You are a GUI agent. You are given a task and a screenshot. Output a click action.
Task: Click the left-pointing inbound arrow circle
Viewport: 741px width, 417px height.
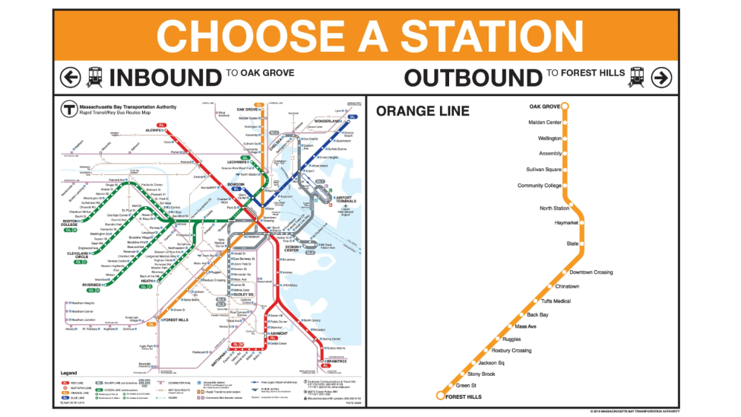click(x=71, y=77)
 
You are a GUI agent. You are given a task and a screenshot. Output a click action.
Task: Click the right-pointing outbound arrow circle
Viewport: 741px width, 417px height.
click(x=661, y=77)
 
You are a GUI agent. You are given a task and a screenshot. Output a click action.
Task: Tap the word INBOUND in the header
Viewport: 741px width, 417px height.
click(x=165, y=77)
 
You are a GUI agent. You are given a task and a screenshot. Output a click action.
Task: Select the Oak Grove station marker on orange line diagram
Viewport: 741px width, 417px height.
click(x=565, y=107)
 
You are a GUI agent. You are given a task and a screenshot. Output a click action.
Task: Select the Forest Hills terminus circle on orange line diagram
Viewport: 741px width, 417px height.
click(x=440, y=396)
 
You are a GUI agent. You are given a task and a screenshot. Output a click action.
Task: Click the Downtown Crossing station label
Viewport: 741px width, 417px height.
click(x=591, y=272)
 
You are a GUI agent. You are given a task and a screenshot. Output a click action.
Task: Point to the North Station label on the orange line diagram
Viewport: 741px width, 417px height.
click(x=554, y=208)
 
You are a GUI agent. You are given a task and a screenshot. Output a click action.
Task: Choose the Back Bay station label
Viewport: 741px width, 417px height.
click(x=537, y=314)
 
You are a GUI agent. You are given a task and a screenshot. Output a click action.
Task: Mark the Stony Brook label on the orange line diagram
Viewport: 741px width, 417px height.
click(x=481, y=374)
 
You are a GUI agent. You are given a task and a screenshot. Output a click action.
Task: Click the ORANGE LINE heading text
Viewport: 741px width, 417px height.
click(x=423, y=111)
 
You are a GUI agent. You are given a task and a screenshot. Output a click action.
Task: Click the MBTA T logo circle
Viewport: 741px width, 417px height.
click(x=66, y=108)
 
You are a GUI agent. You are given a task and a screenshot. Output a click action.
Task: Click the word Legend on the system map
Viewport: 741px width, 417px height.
click(x=69, y=372)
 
